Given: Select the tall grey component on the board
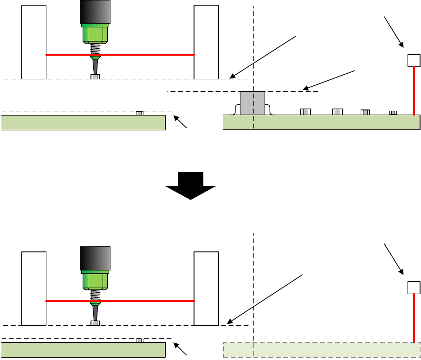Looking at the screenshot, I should pyautogui.click(x=252, y=103).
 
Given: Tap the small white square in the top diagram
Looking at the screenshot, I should pyautogui.click(x=414, y=60).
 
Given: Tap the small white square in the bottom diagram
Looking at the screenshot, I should pyautogui.click(x=414, y=288).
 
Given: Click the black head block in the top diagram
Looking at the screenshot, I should pyautogui.click(x=95, y=12).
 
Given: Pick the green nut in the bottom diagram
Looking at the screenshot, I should pyautogui.click(x=95, y=280).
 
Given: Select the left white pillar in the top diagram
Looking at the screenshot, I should pyautogui.click(x=34, y=42).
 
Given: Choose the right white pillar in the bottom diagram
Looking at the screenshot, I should pyautogui.click(x=206, y=288).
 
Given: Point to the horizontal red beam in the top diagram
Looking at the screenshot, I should pyautogui.click(x=139, y=55).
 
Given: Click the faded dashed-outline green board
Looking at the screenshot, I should pyautogui.click(x=322, y=350).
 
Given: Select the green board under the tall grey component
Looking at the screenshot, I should pyautogui.click(x=322, y=122).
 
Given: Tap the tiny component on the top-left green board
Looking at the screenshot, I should pyautogui.click(x=140, y=113).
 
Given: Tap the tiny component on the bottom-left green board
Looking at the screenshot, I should pyautogui.click(x=140, y=341).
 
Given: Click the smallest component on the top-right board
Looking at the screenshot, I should pyautogui.click(x=393, y=112).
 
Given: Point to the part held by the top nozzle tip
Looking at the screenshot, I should pyautogui.click(x=95, y=77).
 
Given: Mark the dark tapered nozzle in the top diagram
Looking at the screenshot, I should pyautogui.click(x=95, y=64).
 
